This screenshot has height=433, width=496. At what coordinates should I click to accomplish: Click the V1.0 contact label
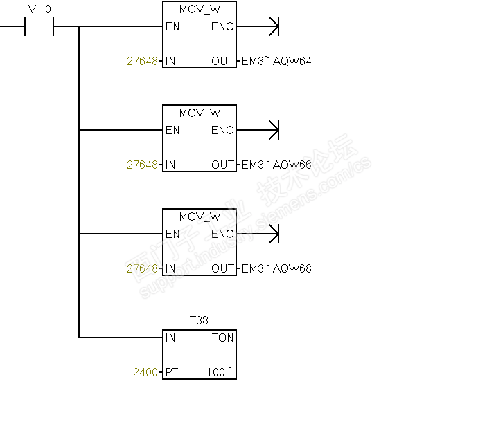point(39,9)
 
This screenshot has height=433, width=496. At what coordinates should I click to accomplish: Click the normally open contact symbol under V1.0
point(39,28)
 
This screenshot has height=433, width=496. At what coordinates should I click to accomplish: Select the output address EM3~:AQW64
point(276,61)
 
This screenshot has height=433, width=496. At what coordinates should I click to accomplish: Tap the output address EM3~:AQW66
point(276,165)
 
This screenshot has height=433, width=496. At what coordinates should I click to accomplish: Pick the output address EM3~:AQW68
point(276,268)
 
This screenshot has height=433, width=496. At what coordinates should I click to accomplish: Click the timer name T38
point(199,320)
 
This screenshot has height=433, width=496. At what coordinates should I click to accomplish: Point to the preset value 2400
point(145,372)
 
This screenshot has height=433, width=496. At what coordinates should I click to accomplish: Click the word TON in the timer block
point(223,338)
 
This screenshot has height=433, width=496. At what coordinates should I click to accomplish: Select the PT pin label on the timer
point(172,372)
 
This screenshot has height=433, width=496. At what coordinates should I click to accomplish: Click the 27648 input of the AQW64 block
point(142,61)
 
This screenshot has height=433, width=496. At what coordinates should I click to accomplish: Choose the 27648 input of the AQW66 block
point(142,165)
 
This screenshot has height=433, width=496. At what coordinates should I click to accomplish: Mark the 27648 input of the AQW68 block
point(142,268)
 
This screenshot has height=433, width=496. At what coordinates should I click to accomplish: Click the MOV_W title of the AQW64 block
point(200,10)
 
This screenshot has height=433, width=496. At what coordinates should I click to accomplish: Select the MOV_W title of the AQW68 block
point(200,217)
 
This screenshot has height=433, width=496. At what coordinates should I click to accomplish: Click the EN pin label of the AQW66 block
point(172,130)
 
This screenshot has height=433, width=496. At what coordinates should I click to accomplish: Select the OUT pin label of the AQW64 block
point(223,61)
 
